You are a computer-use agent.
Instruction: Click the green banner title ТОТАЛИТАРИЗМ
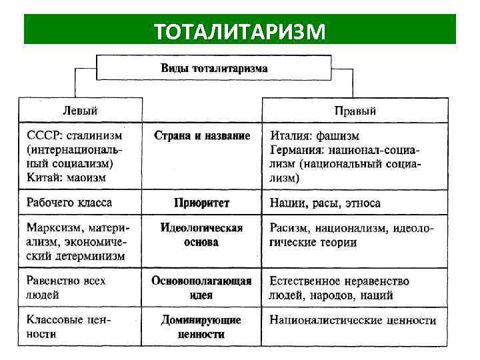(239, 30)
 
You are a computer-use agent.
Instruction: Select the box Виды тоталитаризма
(214, 68)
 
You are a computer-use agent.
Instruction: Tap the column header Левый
(81, 109)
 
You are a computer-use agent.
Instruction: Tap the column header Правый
(355, 110)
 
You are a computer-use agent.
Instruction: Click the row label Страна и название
(202, 136)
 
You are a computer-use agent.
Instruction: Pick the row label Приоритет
(202, 203)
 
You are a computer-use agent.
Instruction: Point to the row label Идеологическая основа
(202, 235)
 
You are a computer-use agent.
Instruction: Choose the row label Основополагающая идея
(202, 287)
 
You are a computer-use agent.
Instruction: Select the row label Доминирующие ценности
(202, 327)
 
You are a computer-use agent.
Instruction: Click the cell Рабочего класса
(69, 202)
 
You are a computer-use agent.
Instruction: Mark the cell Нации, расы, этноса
(325, 203)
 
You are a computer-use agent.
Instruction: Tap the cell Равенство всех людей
(66, 287)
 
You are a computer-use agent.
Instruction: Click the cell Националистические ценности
(353, 320)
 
